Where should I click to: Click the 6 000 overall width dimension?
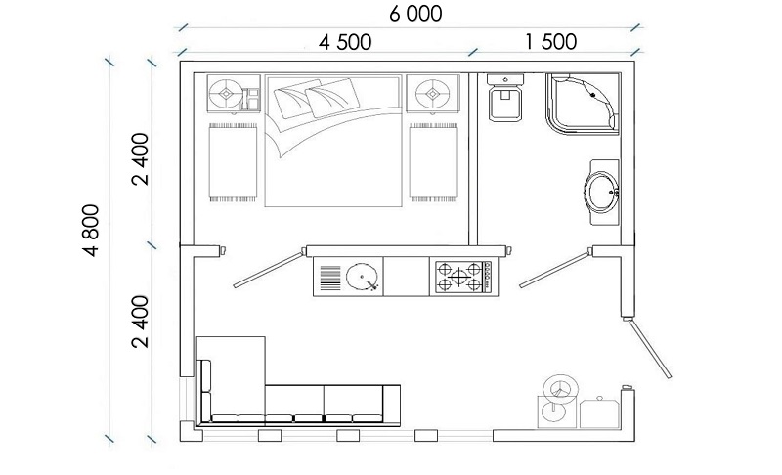coord(415,14)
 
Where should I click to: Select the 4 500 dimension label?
coord(345,42)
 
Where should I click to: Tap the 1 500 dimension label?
coord(551,42)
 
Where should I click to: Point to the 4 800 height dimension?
coord(92,230)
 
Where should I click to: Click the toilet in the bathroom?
coord(505,98)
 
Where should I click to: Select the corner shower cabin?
coord(583,104)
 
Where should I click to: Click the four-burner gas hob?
coord(463,278)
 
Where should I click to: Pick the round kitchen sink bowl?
coord(362,277)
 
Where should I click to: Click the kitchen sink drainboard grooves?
coord(329,278)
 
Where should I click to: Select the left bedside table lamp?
coord(226,93)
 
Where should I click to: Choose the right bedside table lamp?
coord(432,93)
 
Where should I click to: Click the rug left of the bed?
coord(233,162)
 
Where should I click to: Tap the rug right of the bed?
coord(433,162)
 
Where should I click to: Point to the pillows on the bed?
coord(317,99)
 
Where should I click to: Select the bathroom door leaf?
coord(555,270)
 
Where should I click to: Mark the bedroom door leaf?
coord(268,270)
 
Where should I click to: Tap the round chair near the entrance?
coord(560,386)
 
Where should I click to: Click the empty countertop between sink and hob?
coord(407,277)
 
